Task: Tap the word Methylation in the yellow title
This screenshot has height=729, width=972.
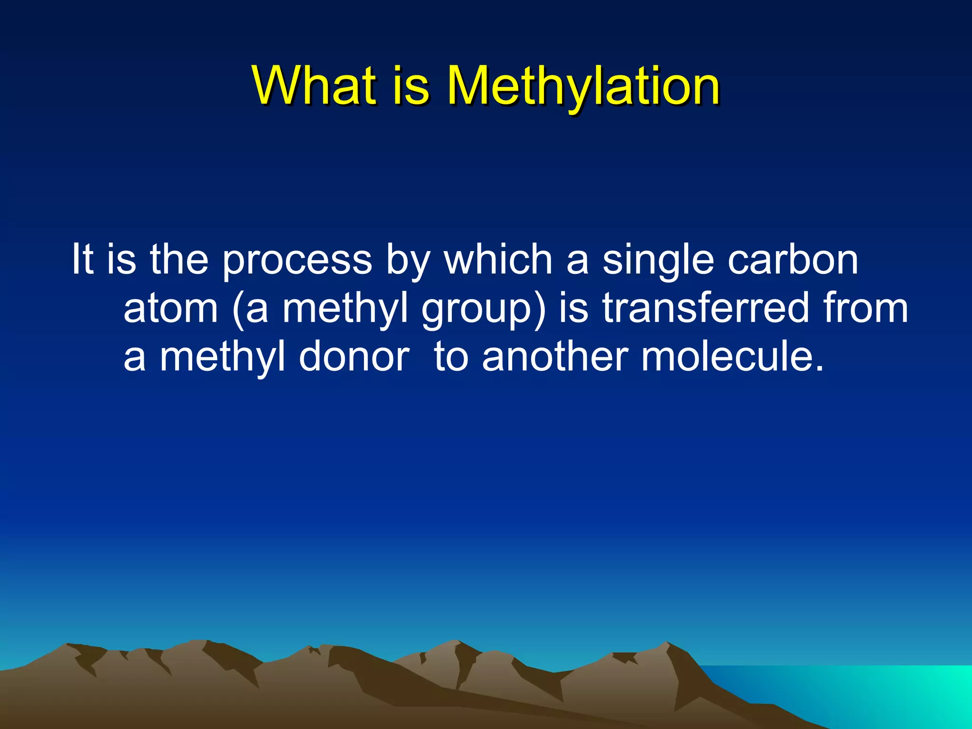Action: pos(583,87)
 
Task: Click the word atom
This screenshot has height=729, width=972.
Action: pos(171,308)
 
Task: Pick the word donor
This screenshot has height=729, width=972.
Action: pos(354,357)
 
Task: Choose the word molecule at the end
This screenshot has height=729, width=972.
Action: pos(731,357)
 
